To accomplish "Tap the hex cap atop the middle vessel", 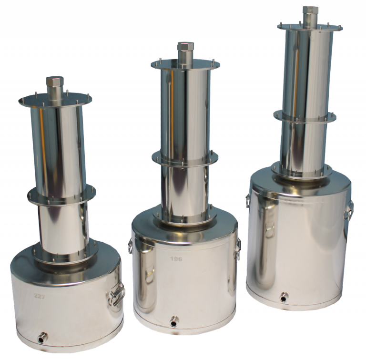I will click(185, 48).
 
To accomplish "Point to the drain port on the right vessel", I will click(284, 296).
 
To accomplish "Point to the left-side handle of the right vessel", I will click(248, 200).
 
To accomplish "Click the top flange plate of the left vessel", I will click(55, 99).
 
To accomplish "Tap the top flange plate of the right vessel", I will click(310, 26).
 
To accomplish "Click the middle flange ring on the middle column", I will click(185, 156).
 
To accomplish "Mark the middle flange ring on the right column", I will click(305, 115).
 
